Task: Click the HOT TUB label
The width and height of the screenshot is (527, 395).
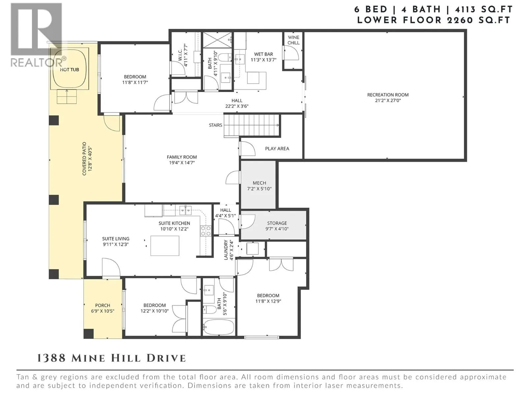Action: point(69,69)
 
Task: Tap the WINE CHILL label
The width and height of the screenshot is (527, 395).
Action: point(293,40)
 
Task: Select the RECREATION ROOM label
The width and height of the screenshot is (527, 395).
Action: point(388,95)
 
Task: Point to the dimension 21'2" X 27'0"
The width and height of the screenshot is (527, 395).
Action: point(388,100)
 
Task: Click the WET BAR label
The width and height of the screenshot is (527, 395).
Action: point(263,54)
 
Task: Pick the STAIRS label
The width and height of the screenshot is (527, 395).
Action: point(215,125)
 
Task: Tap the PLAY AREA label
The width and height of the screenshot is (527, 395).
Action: point(277,149)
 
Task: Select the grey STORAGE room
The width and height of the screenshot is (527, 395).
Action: point(274,225)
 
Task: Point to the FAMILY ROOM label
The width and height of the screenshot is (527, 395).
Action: point(182,157)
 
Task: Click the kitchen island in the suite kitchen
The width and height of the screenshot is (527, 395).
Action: point(165,246)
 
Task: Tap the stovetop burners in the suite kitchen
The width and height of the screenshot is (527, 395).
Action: point(206,231)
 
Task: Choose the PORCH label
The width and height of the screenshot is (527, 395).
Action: point(102,305)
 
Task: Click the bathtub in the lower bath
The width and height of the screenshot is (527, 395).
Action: point(218,327)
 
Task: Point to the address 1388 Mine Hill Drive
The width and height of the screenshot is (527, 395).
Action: point(111,358)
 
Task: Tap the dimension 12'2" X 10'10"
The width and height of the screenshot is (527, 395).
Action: point(154,311)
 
